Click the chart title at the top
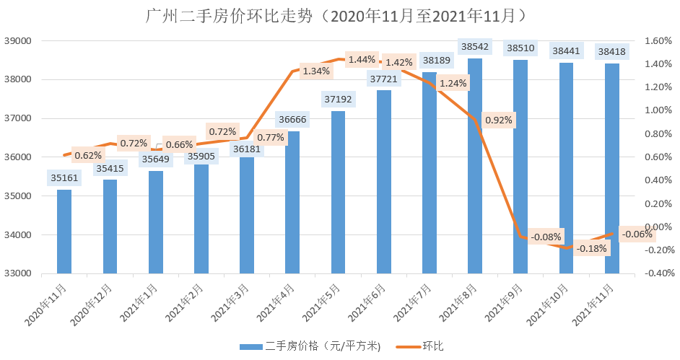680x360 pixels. (x=340, y=15)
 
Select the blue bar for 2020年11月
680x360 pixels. (x=64, y=231)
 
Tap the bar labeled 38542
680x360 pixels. (x=474, y=166)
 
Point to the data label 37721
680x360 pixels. (x=383, y=78)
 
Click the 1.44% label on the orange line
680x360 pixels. (x=362, y=59)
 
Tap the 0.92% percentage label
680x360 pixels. (x=499, y=120)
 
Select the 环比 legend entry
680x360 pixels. (x=432, y=346)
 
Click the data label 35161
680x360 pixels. (x=64, y=177)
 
